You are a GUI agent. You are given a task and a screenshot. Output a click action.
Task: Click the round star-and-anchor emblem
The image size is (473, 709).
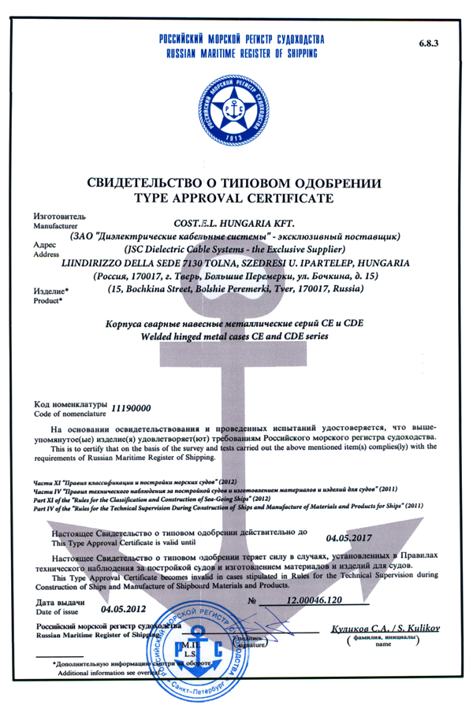coord(236,106)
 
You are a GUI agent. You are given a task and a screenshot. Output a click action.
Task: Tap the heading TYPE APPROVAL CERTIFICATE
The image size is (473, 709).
coord(236,196)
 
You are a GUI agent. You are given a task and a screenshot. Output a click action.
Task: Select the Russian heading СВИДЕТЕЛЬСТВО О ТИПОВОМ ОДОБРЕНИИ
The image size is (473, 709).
coord(236,182)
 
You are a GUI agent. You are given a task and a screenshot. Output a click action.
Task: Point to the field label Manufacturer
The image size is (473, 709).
coord(54,225)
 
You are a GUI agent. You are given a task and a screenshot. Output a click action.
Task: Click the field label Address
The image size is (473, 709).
coord(46,254)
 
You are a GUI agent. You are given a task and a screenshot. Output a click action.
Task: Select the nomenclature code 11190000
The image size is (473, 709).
coord(131,409)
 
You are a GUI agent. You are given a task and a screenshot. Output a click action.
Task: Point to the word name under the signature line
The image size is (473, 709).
coord(383,645)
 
